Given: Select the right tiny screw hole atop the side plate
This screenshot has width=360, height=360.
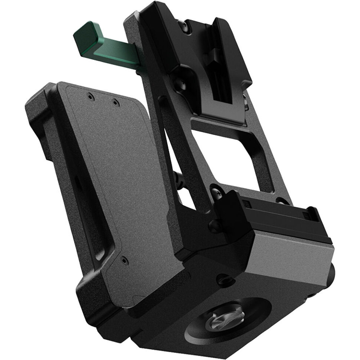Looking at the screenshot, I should [x=115, y=102].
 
